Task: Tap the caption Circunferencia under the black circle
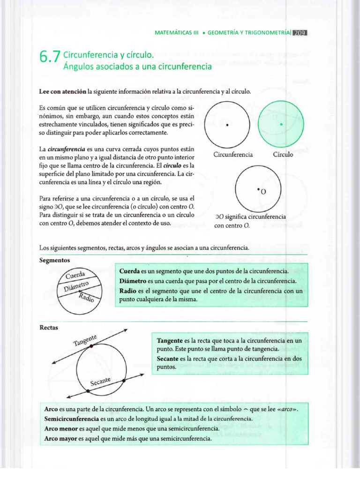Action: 233,154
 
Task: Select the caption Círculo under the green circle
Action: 283,154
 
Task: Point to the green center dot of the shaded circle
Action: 281,124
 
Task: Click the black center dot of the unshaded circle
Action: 227,125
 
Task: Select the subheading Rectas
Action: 49,327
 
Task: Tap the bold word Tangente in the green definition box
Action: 170,340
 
